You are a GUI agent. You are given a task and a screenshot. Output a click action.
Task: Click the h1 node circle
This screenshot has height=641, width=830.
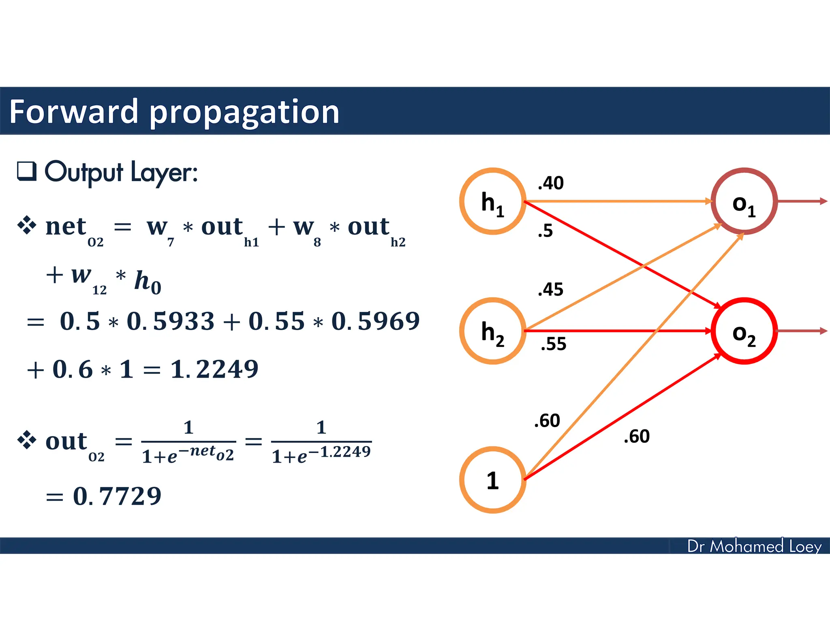pyautogui.click(x=492, y=201)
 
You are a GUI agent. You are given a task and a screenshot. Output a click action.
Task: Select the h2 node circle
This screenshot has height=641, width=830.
pyautogui.click(x=492, y=331)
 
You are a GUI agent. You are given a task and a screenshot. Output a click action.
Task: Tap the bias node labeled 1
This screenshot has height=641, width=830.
pyautogui.click(x=492, y=480)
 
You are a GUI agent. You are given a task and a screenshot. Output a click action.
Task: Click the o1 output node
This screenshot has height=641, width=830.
pyautogui.click(x=744, y=201)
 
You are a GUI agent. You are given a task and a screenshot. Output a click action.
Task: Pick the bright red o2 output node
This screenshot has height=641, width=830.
pyautogui.click(x=744, y=331)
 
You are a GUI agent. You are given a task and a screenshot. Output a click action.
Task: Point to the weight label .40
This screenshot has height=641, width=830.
pyautogui.click(x=550, y=183)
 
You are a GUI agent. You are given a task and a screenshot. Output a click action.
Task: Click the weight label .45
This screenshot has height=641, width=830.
pyautogui.click(x=550, y=290)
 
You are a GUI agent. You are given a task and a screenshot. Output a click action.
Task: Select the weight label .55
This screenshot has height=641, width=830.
pyautogui.click(x=553, y=344)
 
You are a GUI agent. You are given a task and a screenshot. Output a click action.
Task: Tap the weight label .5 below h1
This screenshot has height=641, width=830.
pyautogui.click(x=545, y=231)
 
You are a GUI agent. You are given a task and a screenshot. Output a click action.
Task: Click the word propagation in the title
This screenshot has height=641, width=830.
pyautogui.click(x=244, y=112)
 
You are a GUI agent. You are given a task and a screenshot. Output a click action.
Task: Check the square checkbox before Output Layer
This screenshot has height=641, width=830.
pyautogui.click(x=27, y=171)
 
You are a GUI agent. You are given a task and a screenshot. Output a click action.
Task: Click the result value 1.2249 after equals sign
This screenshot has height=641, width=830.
pyautogui.click(x=214, y=369)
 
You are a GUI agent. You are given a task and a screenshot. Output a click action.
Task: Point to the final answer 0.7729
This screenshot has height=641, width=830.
pyautogui.click(x=117, y=496)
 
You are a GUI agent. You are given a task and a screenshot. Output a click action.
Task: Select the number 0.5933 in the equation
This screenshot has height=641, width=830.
pyautogui.click(x=170, y=321)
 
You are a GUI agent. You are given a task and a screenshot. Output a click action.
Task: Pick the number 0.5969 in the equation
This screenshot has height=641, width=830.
pyautogui.click(x=375, y=321)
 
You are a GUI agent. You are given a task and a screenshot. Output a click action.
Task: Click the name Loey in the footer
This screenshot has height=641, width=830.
pyautogui.click(x=805, y=547)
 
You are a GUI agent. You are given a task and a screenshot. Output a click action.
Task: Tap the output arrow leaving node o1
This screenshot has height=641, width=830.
pyautogui.click(x=802, y=201)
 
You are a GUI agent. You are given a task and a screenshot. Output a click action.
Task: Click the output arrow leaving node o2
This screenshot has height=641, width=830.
pyautogui.click(x=802, y=331)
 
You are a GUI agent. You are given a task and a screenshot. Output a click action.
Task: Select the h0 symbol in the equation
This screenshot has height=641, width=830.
pyautogui.click(x=148, y=282)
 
